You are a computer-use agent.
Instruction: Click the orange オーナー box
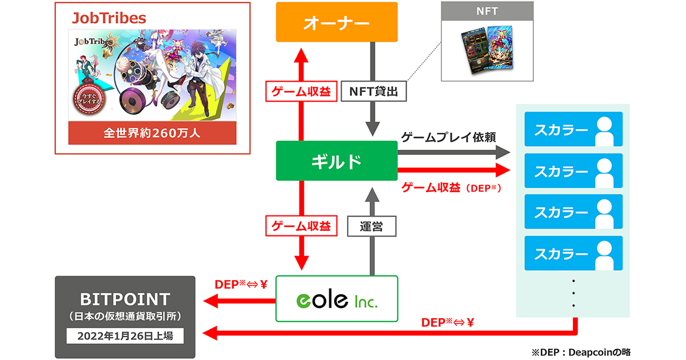336,22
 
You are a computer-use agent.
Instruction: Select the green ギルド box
336,162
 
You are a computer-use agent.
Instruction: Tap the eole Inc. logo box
336,298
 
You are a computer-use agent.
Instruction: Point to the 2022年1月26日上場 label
125,335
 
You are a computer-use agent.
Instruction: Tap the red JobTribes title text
109,18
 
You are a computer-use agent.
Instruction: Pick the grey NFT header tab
487,11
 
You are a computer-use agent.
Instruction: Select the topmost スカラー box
573,130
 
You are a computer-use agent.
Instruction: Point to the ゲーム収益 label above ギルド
299,91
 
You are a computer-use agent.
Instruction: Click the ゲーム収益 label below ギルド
299,226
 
